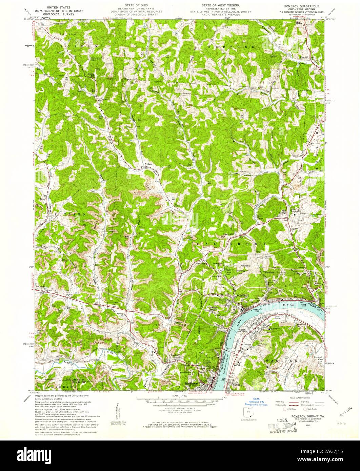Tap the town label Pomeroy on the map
[x=243, y=295]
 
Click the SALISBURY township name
[x=233, y=244]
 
